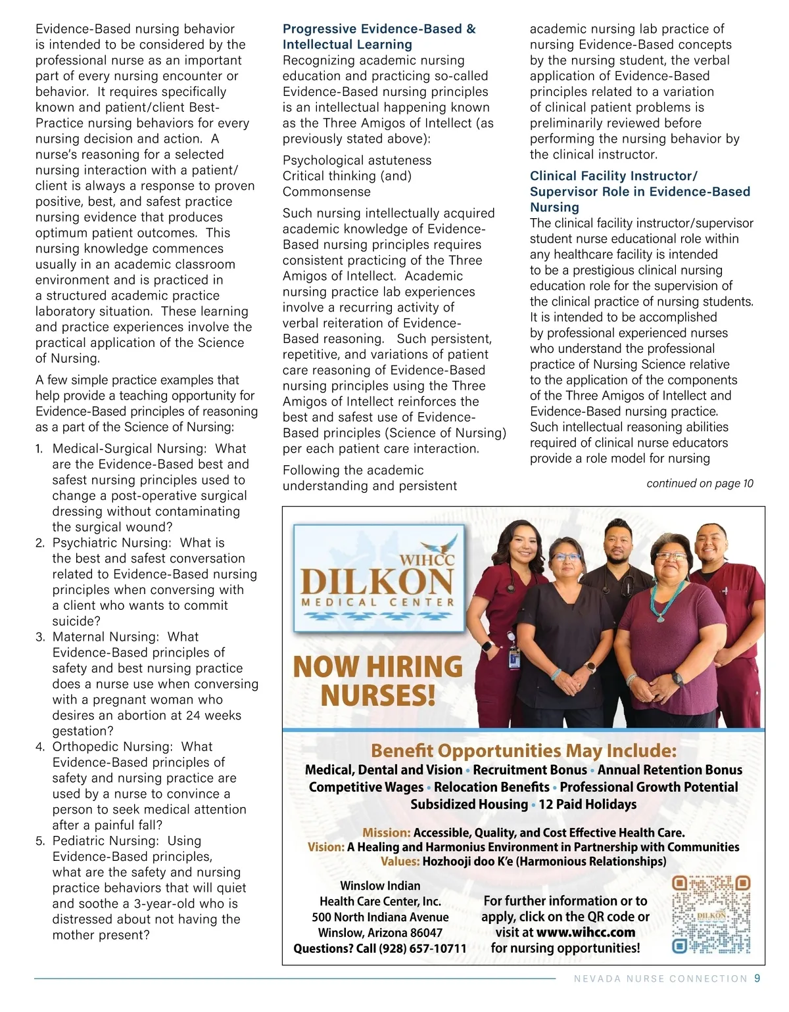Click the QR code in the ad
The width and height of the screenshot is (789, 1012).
(x=711, y=915)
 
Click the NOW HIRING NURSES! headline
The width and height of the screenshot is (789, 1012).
(x=377, y=681)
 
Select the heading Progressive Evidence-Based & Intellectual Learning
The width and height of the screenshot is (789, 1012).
(x=379, y=37)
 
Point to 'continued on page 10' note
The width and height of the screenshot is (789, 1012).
(x=700, y=484)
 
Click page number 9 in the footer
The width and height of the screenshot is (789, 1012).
(x=757, y=978)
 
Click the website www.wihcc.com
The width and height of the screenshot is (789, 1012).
(x=586, y=932)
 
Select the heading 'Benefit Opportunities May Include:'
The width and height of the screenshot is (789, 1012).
(x=523, y=750)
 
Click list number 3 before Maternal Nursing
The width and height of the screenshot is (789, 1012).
(x=40, y=637)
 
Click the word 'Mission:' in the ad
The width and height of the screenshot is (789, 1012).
(x=387, y=833)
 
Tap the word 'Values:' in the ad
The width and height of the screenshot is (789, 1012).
(x=400, y=862)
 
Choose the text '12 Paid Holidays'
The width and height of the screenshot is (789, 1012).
(x=588, y=804)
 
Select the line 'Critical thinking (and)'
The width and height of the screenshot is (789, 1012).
(x=347, y=176)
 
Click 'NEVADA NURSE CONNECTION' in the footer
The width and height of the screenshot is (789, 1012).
(x=660, y=978)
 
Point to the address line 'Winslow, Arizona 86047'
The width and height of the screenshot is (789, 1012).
(x=380, y=932)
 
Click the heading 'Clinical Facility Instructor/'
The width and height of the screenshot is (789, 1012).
(x=613, y=176)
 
